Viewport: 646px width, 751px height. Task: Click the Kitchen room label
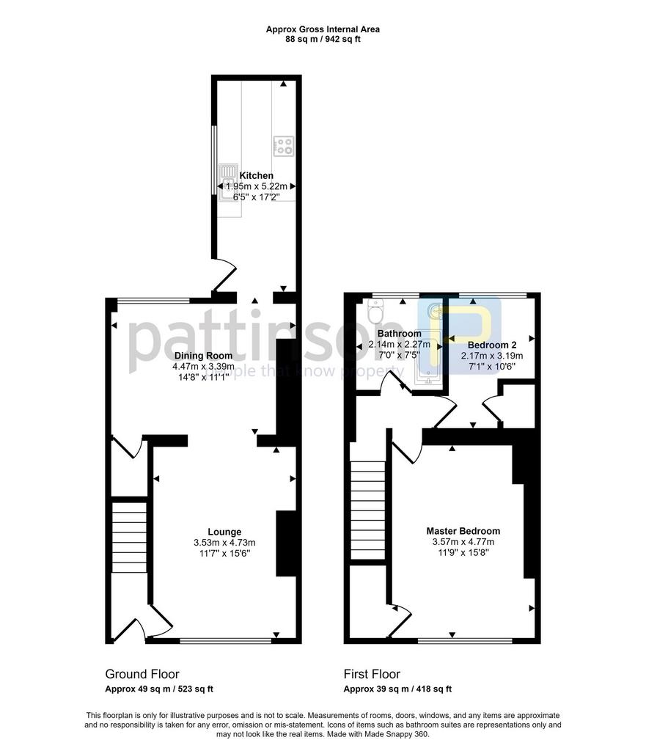(256, 176)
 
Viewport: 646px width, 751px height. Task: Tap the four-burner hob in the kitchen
(284, 146)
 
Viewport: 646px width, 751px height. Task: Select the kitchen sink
(229, 183)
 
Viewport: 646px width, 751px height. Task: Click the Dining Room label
(204, 356)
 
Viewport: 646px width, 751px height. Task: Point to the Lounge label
(224, 532)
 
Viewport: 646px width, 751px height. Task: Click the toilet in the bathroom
(375, 311)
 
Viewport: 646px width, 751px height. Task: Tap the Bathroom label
(400, 334)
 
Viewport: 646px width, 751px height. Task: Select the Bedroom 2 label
(492, 345)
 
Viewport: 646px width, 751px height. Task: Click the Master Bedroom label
(463, 531)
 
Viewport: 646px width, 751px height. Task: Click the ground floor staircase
(129, 537)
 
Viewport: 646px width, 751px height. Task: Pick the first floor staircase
(368, 510)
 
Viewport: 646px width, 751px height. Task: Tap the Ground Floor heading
(142, 674)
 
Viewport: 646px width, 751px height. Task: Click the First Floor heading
(372, 674)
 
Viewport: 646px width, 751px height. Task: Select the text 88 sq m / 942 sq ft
(323, 40)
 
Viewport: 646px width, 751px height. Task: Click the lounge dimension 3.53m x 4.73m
(224, 543)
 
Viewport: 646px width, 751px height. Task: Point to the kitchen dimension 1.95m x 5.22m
(256, 186)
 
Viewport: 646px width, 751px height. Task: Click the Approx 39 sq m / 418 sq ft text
(397, 689)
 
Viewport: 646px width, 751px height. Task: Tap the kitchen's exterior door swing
(224, 275)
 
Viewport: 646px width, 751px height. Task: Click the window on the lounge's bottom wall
(226, 640)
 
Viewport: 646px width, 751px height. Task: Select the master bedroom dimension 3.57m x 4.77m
(463, 542)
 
